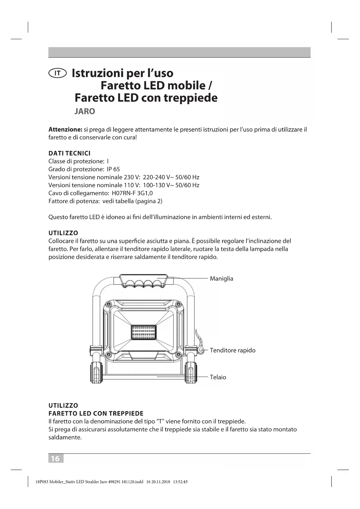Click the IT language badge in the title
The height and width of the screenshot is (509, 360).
58,73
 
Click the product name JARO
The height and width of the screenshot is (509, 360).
85,111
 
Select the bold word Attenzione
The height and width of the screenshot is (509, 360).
66,129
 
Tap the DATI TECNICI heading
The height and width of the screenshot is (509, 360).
69,153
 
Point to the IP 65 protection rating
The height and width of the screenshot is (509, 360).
113,169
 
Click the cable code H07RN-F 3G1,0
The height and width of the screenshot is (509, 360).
132,193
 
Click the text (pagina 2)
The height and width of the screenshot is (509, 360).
149,201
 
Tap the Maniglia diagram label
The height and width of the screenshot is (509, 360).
221,279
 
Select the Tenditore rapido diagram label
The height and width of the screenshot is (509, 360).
232,350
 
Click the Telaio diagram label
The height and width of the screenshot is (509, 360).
218,377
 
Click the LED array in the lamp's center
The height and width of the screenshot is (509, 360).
144,332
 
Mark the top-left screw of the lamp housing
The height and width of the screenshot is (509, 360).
108,304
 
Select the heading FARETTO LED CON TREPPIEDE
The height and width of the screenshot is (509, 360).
96,414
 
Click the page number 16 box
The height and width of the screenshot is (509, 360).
55,459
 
